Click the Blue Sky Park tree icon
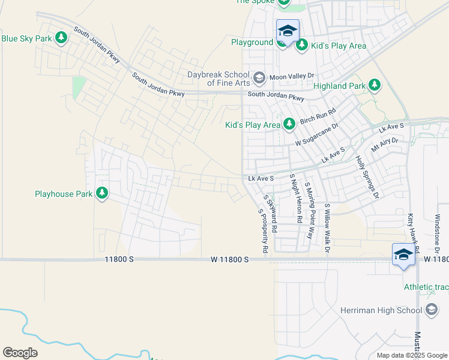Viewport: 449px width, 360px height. click(61, 38)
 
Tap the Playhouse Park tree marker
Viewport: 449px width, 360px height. click(102, 194)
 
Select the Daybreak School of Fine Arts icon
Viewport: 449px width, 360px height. click(259, 77)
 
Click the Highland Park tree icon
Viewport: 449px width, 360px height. click(375, 86)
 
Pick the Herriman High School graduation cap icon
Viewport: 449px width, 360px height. click(431, 310)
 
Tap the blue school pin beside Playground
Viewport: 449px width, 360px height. click(288, 32)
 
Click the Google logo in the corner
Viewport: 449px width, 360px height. click(20, 353)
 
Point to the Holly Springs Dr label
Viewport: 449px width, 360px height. click(367, 177)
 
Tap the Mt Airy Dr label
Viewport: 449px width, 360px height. click(385, 145)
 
